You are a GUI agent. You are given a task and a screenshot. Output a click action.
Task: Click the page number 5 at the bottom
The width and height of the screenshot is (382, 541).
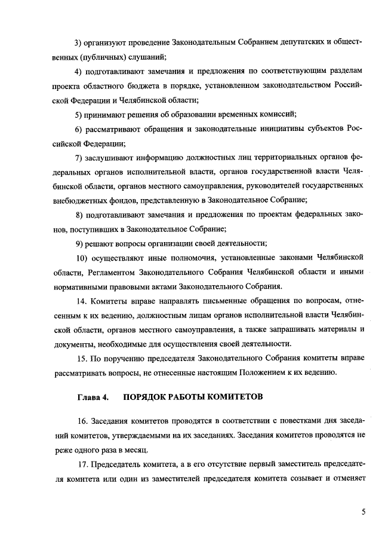pos(363,512)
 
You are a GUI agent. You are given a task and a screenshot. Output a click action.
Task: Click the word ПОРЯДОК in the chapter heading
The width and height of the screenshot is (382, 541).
pos(146,397)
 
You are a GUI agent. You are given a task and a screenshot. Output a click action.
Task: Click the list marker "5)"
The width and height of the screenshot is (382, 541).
pos(78,114)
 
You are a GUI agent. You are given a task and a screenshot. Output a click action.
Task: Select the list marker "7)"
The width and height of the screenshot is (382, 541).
pos(78,157)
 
